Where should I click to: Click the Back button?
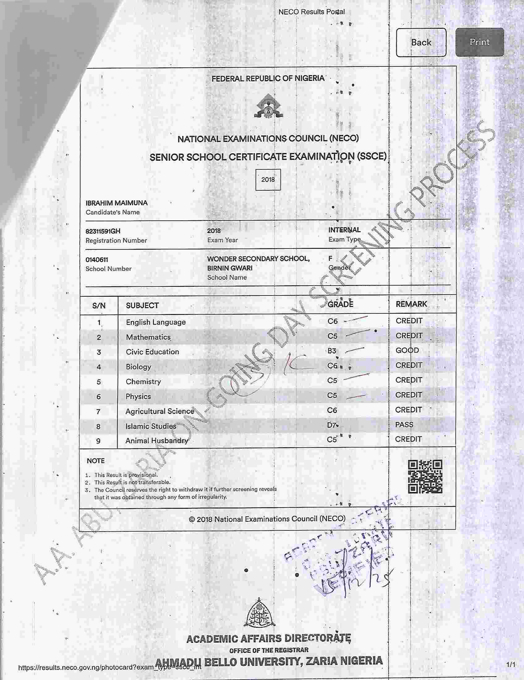[421, 42]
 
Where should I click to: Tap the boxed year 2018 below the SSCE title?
[268, 180]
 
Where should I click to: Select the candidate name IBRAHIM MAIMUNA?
[117, 203]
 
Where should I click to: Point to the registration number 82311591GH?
[103, 231]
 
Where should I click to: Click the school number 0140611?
[96, 260]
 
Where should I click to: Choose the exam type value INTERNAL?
[344, 230]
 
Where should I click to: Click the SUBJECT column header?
[142, 306]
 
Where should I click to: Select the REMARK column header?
[411, 304]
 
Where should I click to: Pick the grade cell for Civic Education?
[332, 351]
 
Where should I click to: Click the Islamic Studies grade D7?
[332, 425]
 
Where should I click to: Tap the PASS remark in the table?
[404, 425]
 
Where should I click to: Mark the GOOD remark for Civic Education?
[407, 350]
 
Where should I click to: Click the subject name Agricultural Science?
[160, 411]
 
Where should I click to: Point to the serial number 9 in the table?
[98, 441]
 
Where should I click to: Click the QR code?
[425, 477]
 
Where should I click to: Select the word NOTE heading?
[96, 461]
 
